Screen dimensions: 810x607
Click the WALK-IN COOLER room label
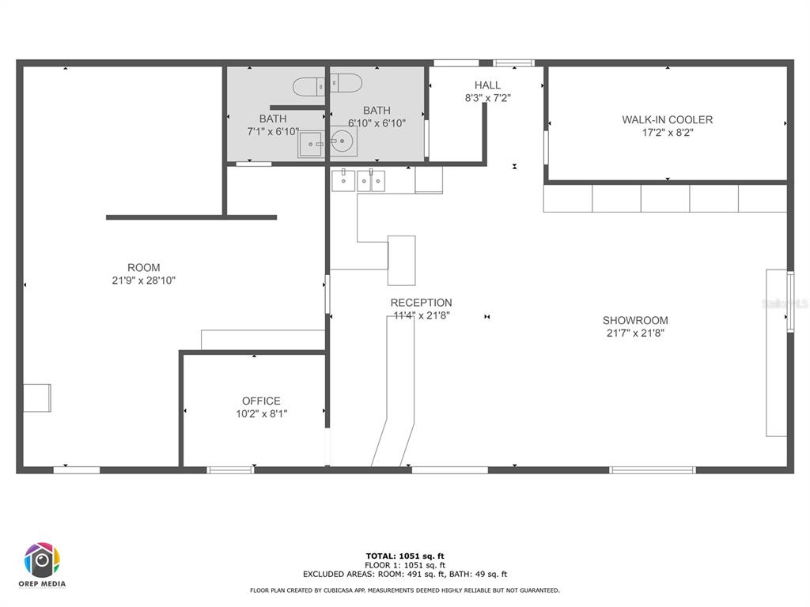667,120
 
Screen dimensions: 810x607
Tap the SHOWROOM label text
635,321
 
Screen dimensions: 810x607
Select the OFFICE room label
261,401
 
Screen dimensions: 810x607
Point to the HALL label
487,85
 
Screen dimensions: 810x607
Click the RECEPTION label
421,303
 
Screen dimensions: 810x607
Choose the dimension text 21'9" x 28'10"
144,281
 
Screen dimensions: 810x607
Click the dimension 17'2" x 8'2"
668,133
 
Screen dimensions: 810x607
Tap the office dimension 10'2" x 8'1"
261,413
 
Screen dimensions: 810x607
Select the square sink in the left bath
310,145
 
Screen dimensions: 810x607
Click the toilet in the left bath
308,86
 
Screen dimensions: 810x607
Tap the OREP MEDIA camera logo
42,560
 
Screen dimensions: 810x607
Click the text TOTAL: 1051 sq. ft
405,556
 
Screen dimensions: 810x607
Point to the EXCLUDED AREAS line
405,574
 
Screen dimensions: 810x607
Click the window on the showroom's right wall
790,301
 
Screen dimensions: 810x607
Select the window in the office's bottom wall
230,469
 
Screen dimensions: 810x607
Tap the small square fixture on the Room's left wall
37,398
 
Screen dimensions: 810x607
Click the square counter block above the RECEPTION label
401,261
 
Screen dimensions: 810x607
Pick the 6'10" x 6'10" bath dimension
377,123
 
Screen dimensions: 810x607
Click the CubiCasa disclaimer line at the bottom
405,590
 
